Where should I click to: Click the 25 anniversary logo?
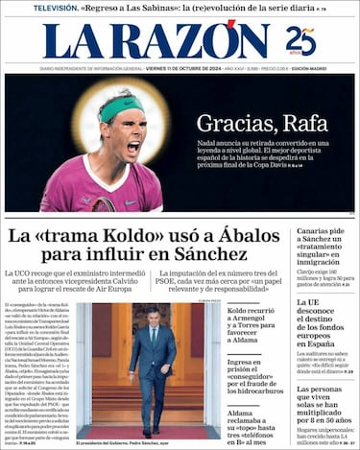coord(300,41)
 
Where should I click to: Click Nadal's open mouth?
coord(132,148)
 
